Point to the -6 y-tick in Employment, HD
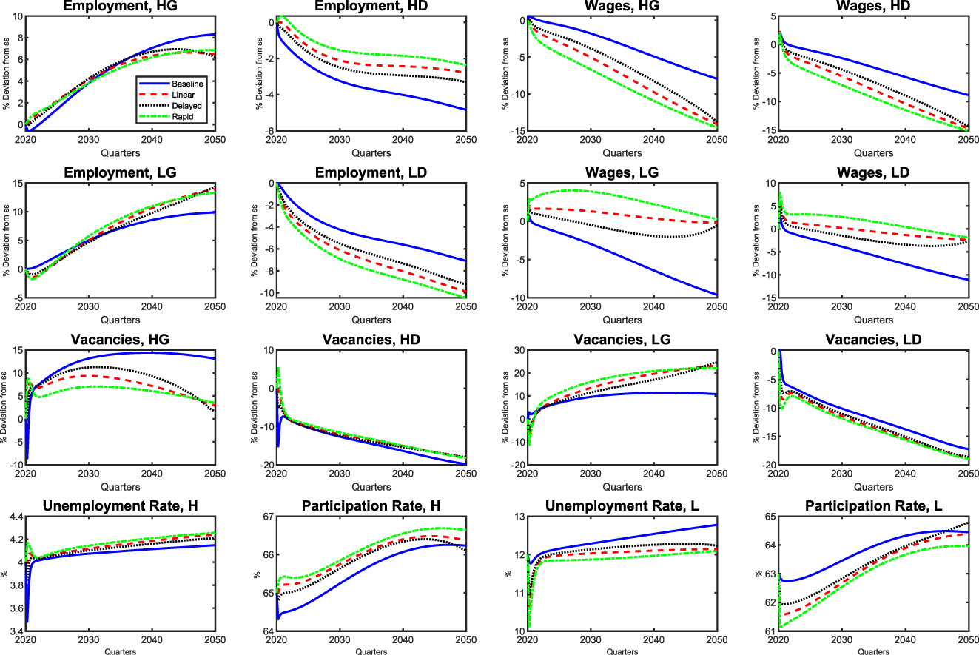pos(268,131)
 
